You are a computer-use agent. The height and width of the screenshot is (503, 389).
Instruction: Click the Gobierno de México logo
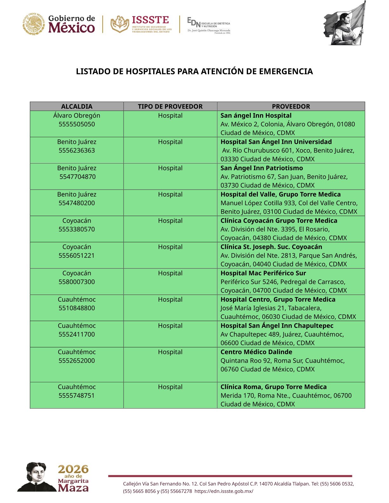pyautogui.click(x=59, y=24)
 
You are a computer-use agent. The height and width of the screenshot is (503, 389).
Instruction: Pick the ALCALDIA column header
pyautogui.click(x=77, y=106)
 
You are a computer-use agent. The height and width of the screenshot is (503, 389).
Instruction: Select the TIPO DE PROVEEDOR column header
pyautogui.click(x=170, y=106)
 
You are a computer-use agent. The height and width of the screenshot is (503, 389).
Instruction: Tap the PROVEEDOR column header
pyautogui.click(x=291, y=106)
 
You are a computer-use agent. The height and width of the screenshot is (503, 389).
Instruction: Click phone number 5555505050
pyautogui.click(x=77, y=124)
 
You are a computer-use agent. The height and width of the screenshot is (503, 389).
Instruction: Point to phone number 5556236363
pyautogui.click(x=77, y=151)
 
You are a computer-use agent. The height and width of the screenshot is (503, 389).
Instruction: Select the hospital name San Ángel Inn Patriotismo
pyautogui.click(x=262, y=168)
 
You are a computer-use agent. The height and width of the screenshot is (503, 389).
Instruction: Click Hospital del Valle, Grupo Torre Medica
pyautogui.click(x=280, y=194)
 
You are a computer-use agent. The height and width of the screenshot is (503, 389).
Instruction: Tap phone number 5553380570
pyautogui.click(x=77, y=229)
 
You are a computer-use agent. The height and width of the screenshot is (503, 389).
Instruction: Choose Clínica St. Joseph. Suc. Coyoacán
pyautogui.click(x=271, y=247)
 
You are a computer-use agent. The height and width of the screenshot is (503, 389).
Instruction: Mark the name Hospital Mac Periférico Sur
pyautogui.click(x=263, y=273)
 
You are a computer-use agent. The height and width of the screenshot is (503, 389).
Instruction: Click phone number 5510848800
pyautogui.click(x=77, y=308)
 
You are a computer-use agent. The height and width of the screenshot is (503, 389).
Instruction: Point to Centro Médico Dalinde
pyautogui.click(x=256, y=352)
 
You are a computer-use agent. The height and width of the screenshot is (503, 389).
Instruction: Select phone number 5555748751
pyautogui.click(x=77, y=396)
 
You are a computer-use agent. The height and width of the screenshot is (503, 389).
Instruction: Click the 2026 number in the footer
pyautogui.click(x=73, y=469)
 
